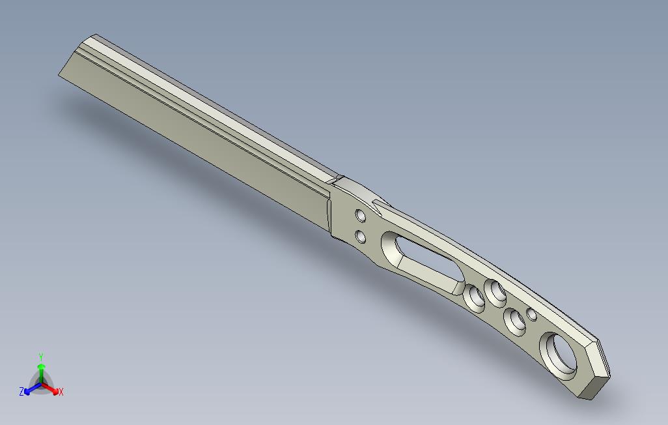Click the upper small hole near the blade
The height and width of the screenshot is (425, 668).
tap(360, 214)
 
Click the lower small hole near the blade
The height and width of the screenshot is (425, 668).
tap(359, 236)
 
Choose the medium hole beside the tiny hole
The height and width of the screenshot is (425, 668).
tap(516, 321)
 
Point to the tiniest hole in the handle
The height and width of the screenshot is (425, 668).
tap(532, 315)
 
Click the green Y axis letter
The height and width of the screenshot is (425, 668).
tap(40, 357)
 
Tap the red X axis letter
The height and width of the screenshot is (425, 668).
tap(61, 392)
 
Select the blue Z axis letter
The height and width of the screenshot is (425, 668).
tap(21, 392)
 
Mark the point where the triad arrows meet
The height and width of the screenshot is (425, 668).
tap(40, 384)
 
